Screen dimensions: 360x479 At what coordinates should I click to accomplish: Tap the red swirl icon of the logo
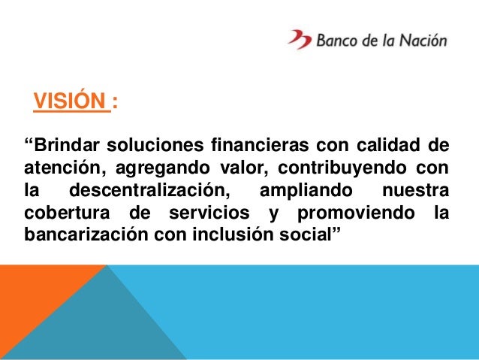click(x=298, y=39)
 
